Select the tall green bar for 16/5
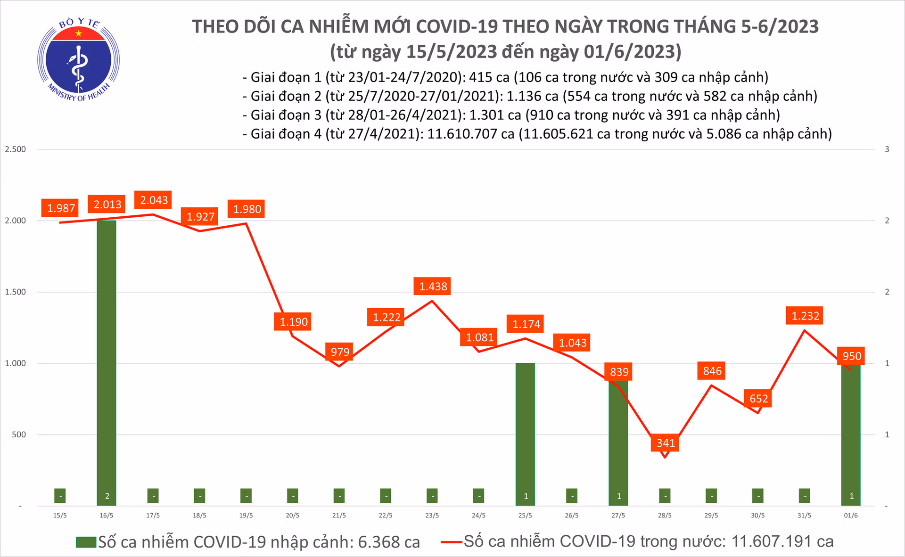[x=107, y=363]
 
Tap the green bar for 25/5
[x=525, y=434]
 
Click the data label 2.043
[x=154, y=200]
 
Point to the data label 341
[x=666, y=443]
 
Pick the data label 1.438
[x=433, y=287]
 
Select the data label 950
[x=852, y=356]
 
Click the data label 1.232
[x=805, y=316]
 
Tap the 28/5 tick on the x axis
[x=665, y=516]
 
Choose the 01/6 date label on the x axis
[x=851, y=516]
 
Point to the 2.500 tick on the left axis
[x=15, y=149]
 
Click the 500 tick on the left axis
[x=19, y=434]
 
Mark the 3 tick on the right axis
[x=887, y=149]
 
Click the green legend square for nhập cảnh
[x=86, y=542]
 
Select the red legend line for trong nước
[x=451, y=542]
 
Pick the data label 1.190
[x=293, y=322]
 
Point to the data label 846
[x=712, y=371]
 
